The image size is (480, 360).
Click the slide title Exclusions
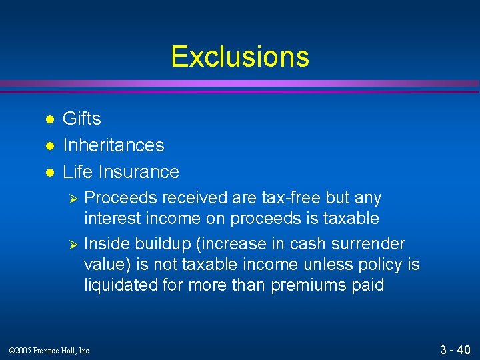click(240, 57)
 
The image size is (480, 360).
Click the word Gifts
click(82, 119)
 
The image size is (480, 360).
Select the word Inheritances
click(113, 145)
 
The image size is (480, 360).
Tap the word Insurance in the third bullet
click(138, 172)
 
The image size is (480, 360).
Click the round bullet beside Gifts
click(48, 119)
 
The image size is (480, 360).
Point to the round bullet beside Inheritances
click(48, 146)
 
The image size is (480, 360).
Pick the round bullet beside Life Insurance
click(48, 173)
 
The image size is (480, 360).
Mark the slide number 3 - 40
click(455, 349)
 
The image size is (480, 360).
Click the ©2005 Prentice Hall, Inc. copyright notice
click(50, 350)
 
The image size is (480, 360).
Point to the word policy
click(379, 265)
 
